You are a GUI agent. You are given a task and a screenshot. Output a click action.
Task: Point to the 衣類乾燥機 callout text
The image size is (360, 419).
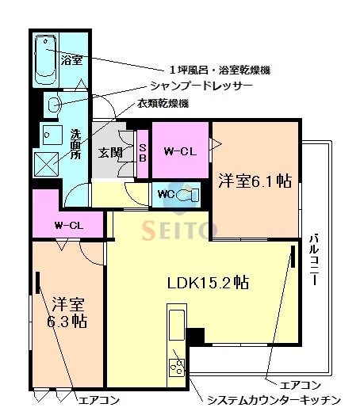click(x=162, y=104)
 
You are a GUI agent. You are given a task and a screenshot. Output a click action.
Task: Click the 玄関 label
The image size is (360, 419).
click(x=109, y=152)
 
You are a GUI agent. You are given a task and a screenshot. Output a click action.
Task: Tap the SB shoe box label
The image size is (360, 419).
click(x=143, y=152)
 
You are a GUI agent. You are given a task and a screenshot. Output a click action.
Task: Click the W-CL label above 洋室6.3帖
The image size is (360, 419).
click(x=69, y=225)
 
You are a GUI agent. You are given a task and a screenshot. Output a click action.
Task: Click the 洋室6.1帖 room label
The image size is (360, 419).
click(x=255, y=181)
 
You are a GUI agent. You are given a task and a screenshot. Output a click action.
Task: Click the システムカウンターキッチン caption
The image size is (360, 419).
click(x=274, y=400)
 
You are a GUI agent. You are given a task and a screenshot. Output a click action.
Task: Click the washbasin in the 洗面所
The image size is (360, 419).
click(x=54, y=103)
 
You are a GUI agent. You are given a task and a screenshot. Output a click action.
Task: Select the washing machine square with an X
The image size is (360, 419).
click(x=46, y=163)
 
